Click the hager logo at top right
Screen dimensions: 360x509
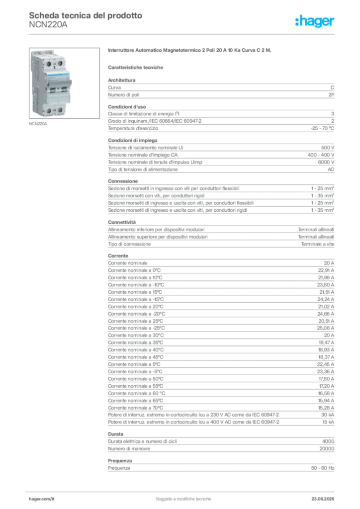click(x=314, y=21)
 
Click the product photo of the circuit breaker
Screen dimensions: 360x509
click(x=64, y=83)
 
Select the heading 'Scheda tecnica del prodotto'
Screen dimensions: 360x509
click(x=86, y=15)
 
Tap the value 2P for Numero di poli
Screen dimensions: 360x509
click(x=331, y=95)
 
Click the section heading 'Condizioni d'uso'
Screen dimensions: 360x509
click(x=127, y=107)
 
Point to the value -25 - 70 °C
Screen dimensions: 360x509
click(x=322, y=128)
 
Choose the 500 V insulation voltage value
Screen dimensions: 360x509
click(x=328, y=148)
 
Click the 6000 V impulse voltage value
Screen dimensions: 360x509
click(x=326, y=162)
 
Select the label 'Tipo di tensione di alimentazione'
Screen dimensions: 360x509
click(x=143, y=170)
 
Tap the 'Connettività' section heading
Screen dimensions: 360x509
click(x=122, y=222)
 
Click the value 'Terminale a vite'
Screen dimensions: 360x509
click(x=317, y=244)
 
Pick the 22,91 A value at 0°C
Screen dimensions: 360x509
click(x=326, y=270)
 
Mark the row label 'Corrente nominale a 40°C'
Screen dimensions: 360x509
click(x=136, y=350)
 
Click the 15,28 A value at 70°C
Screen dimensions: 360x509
click(x=326, y=408)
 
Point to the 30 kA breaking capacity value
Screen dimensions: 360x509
click(x=328, y=415)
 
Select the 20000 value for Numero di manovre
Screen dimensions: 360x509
click(x=327, y=449)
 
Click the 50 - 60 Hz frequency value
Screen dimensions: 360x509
click(x=322, y=468)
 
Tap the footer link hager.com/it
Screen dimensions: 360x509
click(x=42, y=499)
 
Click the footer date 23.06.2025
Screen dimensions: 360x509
click(x=323, y=499)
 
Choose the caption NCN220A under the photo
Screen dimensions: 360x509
click(x=38, y=124)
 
